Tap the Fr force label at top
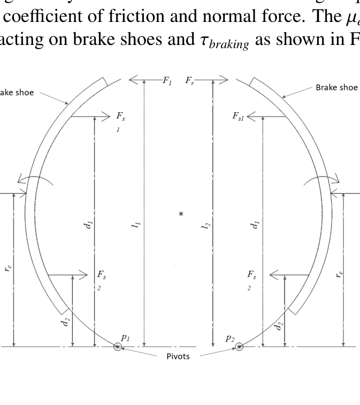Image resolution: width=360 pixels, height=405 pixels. coord(190,80)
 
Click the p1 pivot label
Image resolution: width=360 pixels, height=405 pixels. coord(125,337)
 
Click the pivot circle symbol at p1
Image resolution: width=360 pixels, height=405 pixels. coord(117,347)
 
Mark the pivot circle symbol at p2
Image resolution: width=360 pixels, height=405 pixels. coord(239,347)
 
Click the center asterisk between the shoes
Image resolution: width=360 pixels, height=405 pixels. coord(181,213)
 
